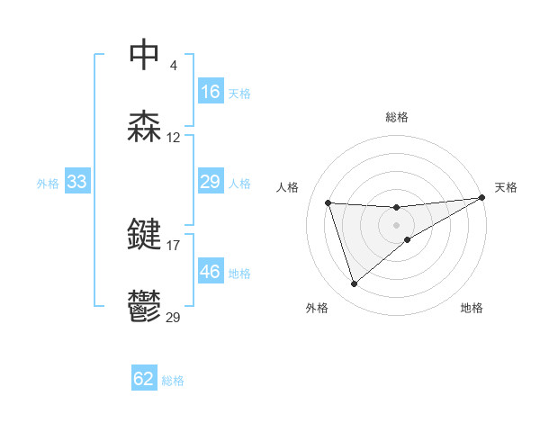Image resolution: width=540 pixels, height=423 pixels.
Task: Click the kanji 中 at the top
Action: (145, 54)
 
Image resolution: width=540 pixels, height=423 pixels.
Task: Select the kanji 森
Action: (145, 127)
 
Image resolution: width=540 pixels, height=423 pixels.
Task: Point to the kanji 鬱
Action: (145, 306)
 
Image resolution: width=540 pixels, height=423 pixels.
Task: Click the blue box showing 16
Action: (211, 92)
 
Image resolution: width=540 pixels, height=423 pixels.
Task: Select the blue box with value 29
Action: (211, 183)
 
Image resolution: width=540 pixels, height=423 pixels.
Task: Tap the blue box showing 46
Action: (211, 272)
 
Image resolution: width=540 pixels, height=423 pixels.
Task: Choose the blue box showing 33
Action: (77, 183)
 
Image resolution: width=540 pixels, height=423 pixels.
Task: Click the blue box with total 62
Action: (144, 379)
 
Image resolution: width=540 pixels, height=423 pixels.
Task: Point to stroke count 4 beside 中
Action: (173, 66)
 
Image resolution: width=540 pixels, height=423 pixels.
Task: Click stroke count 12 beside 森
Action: (174, 138)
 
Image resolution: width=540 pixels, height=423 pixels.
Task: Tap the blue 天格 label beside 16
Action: (239, 93)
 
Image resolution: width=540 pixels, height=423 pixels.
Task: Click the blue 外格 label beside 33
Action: (48, 184)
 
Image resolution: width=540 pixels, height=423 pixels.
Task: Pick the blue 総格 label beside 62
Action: (173, 380)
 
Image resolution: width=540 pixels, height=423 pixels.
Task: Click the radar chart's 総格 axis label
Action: (396, 117)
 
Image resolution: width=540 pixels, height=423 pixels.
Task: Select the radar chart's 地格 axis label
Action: (472, 308)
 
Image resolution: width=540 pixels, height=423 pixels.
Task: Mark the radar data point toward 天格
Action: (482, 198)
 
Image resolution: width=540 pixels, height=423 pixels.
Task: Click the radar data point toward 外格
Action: (354, 284)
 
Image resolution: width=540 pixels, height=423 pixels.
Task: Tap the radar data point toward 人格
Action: (328, 202)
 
